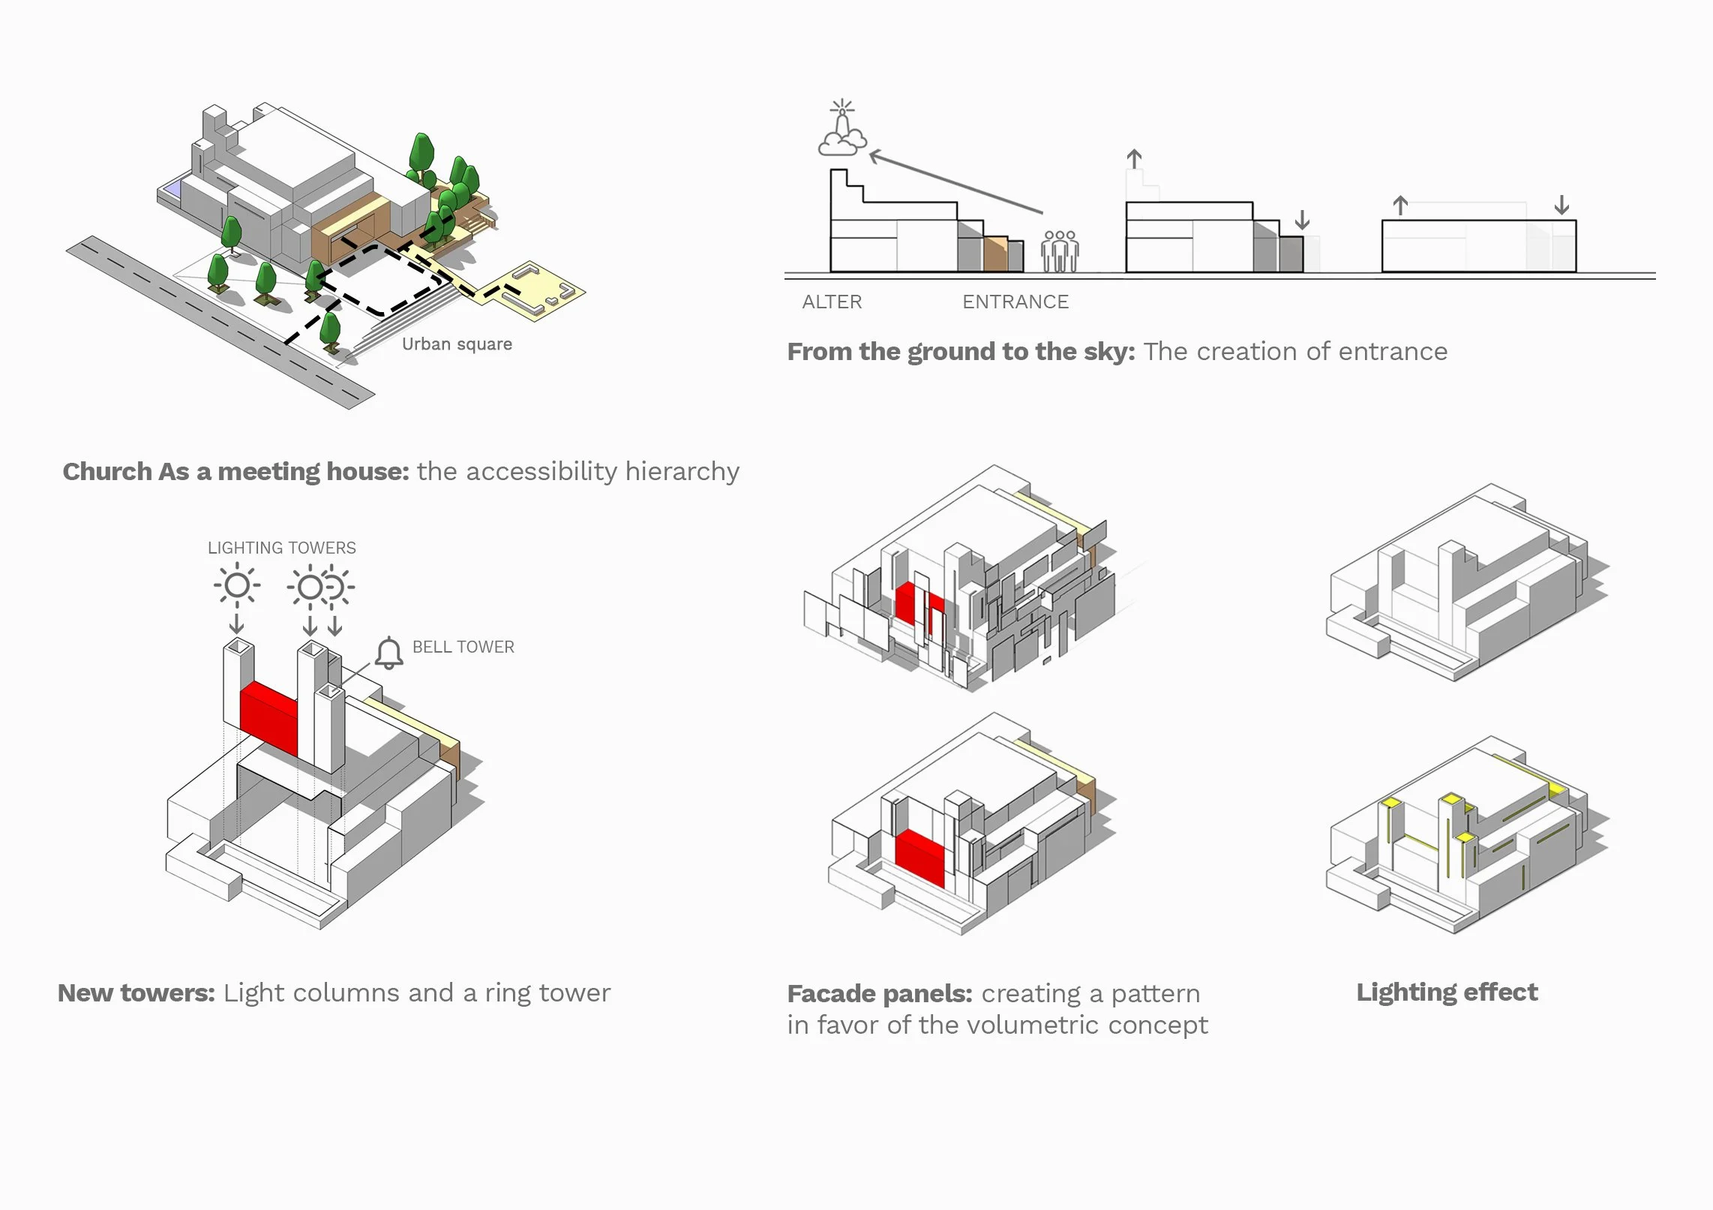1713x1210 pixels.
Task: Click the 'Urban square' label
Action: pyautogui.click(x=457, y=344)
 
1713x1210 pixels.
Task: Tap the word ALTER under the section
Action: pyautogui.click(x=832, y=302)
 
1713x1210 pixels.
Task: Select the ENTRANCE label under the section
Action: pyautogui.click(x=1015, y=302)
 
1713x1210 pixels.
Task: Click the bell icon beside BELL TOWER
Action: pyautogui.click(x=388, y=653)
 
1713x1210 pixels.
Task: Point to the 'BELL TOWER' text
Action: pyautogui.click(x=463, y=647)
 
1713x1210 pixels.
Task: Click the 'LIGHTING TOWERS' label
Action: pyautogui.click(x=282, y=548)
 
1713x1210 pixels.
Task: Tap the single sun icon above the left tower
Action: pyautogui.click(x=237, y=586)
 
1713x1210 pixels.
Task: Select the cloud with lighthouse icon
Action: pyautogui.click(x=843, y=131)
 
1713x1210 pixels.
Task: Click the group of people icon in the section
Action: pyautogui.click(x=1060, y=251)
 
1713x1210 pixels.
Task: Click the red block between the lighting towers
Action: pyautogui.click(x=268, y=716)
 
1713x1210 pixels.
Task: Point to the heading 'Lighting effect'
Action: pyautogui.click(x=1447, y=992)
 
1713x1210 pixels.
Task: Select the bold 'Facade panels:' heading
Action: pyautogui.click(x=880, y=994)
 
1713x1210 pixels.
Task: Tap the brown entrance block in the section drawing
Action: pyautogui.click(x=995, y=254)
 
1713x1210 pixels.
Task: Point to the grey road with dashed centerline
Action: pyautogui.click(x=217, y=323)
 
